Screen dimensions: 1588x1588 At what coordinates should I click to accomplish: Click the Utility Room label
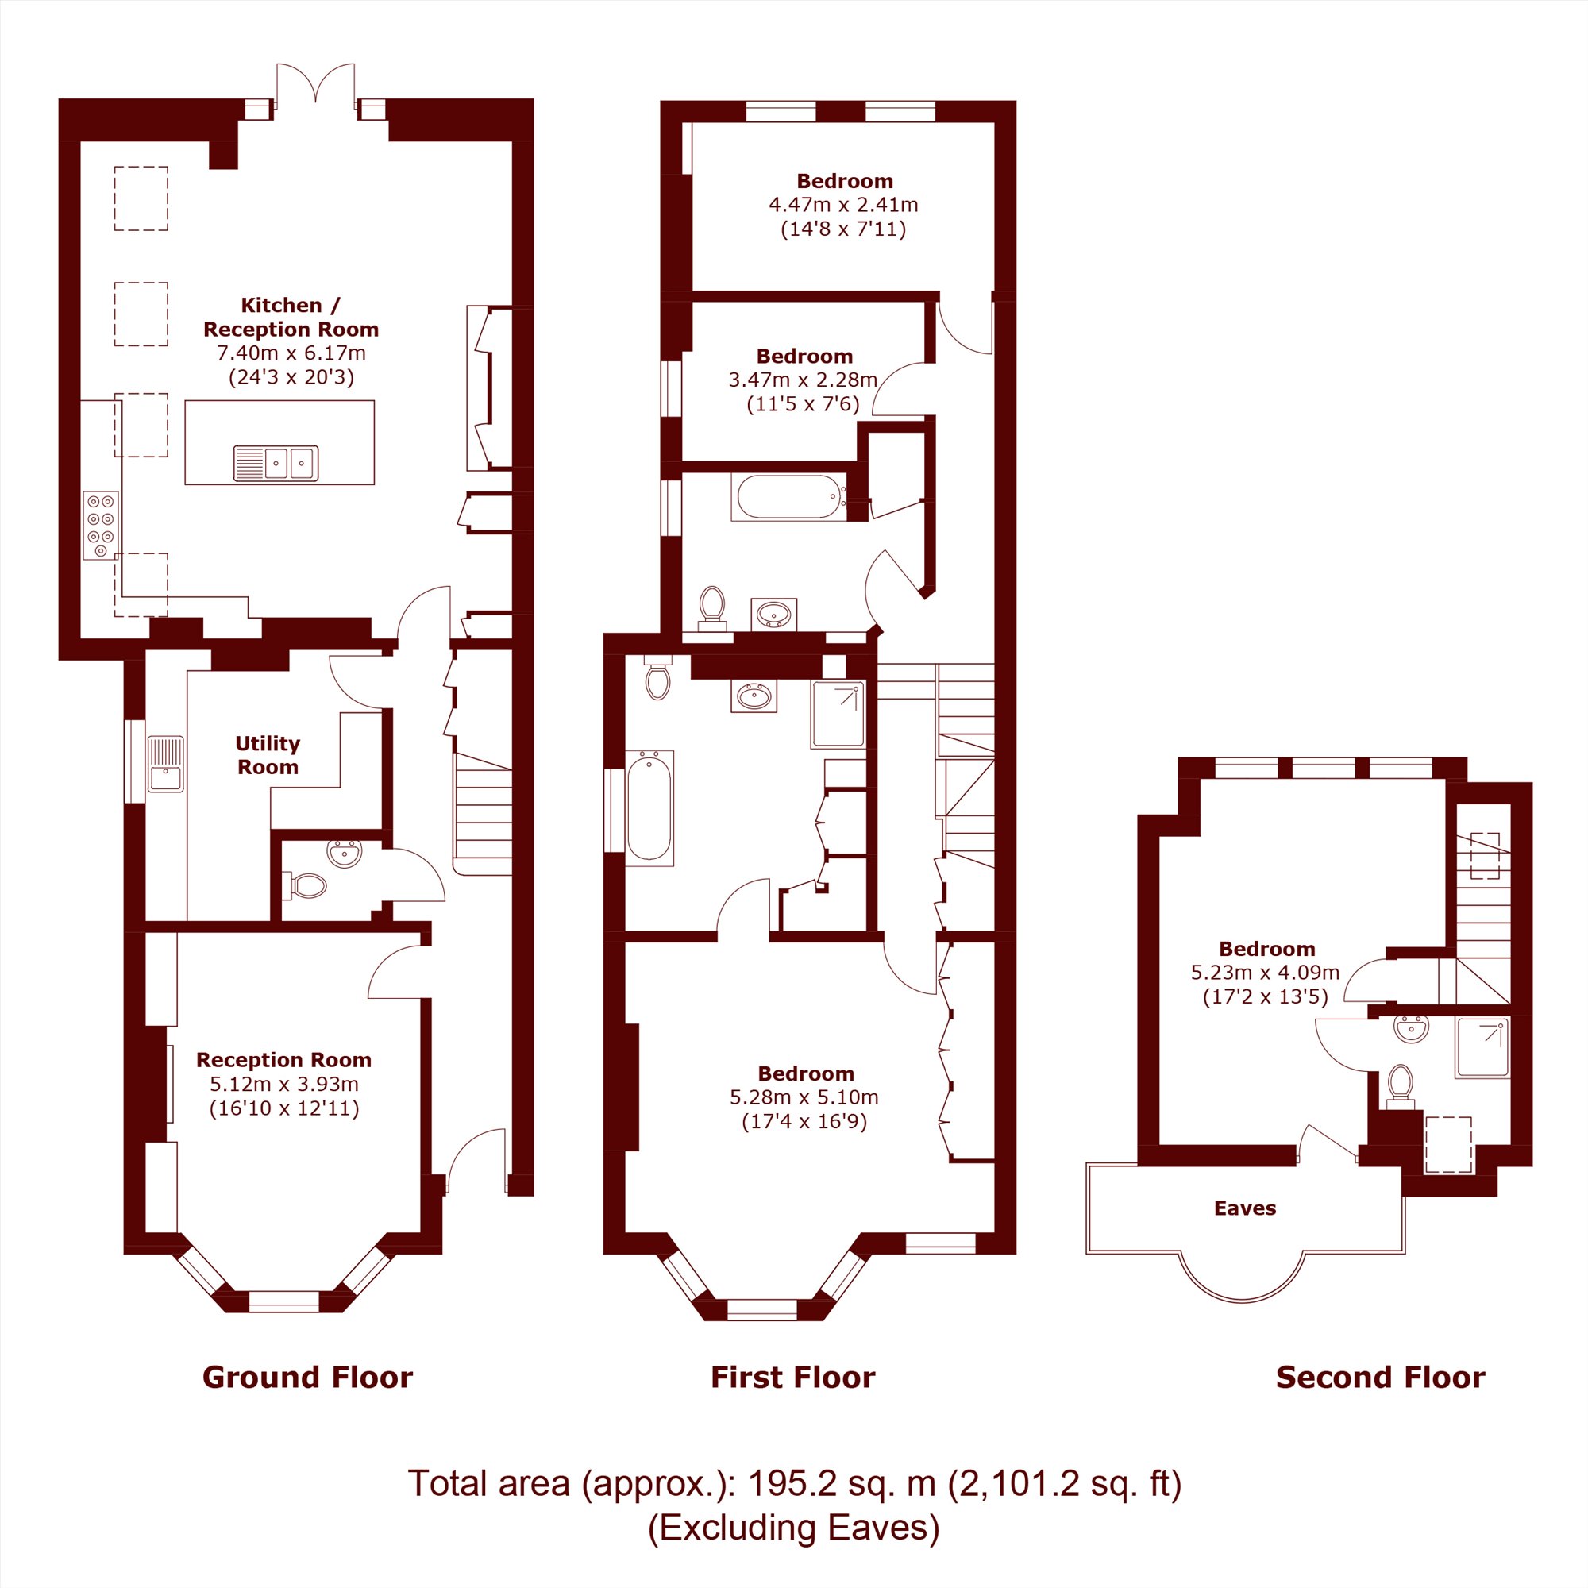point(267,755)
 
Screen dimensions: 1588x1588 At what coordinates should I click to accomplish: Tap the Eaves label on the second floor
point(1244,1208)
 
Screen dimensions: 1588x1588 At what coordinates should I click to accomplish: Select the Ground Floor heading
point(307,1377)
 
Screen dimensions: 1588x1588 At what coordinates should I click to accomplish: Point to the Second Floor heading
point(1380,1377)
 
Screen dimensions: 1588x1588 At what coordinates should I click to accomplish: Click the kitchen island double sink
point(276,464)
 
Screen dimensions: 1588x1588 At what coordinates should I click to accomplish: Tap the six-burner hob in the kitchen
point(101,525)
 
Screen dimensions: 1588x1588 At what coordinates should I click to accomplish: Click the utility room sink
point(166,764)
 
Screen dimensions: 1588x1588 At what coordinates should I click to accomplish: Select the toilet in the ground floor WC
point(304,885)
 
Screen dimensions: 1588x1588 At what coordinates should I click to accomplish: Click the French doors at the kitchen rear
point(316,86)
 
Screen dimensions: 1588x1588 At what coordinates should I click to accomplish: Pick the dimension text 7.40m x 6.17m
point(291,353)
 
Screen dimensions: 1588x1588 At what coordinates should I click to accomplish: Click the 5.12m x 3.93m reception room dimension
point(283,1084)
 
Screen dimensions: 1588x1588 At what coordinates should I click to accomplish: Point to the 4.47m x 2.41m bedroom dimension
point(843,205)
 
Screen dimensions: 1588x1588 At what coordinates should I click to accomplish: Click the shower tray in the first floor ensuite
point(838,715)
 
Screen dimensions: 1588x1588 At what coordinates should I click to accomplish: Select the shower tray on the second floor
point(1482,1048)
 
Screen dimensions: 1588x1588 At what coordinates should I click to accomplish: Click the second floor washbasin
point(1411,1028)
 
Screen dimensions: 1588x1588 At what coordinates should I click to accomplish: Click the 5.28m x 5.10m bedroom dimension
point(804,1097)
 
